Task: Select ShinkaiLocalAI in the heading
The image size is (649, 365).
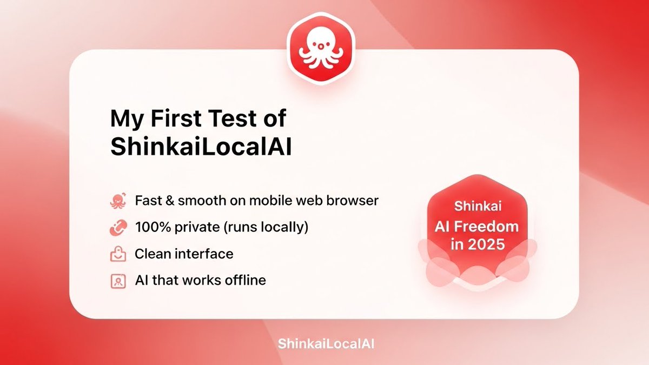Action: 201,147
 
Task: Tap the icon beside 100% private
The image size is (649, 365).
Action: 117,228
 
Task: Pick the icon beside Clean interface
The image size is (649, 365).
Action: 117,254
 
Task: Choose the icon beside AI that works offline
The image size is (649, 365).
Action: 117,281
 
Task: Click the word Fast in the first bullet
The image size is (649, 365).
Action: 148,201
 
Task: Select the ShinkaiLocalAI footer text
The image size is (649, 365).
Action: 325,344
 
